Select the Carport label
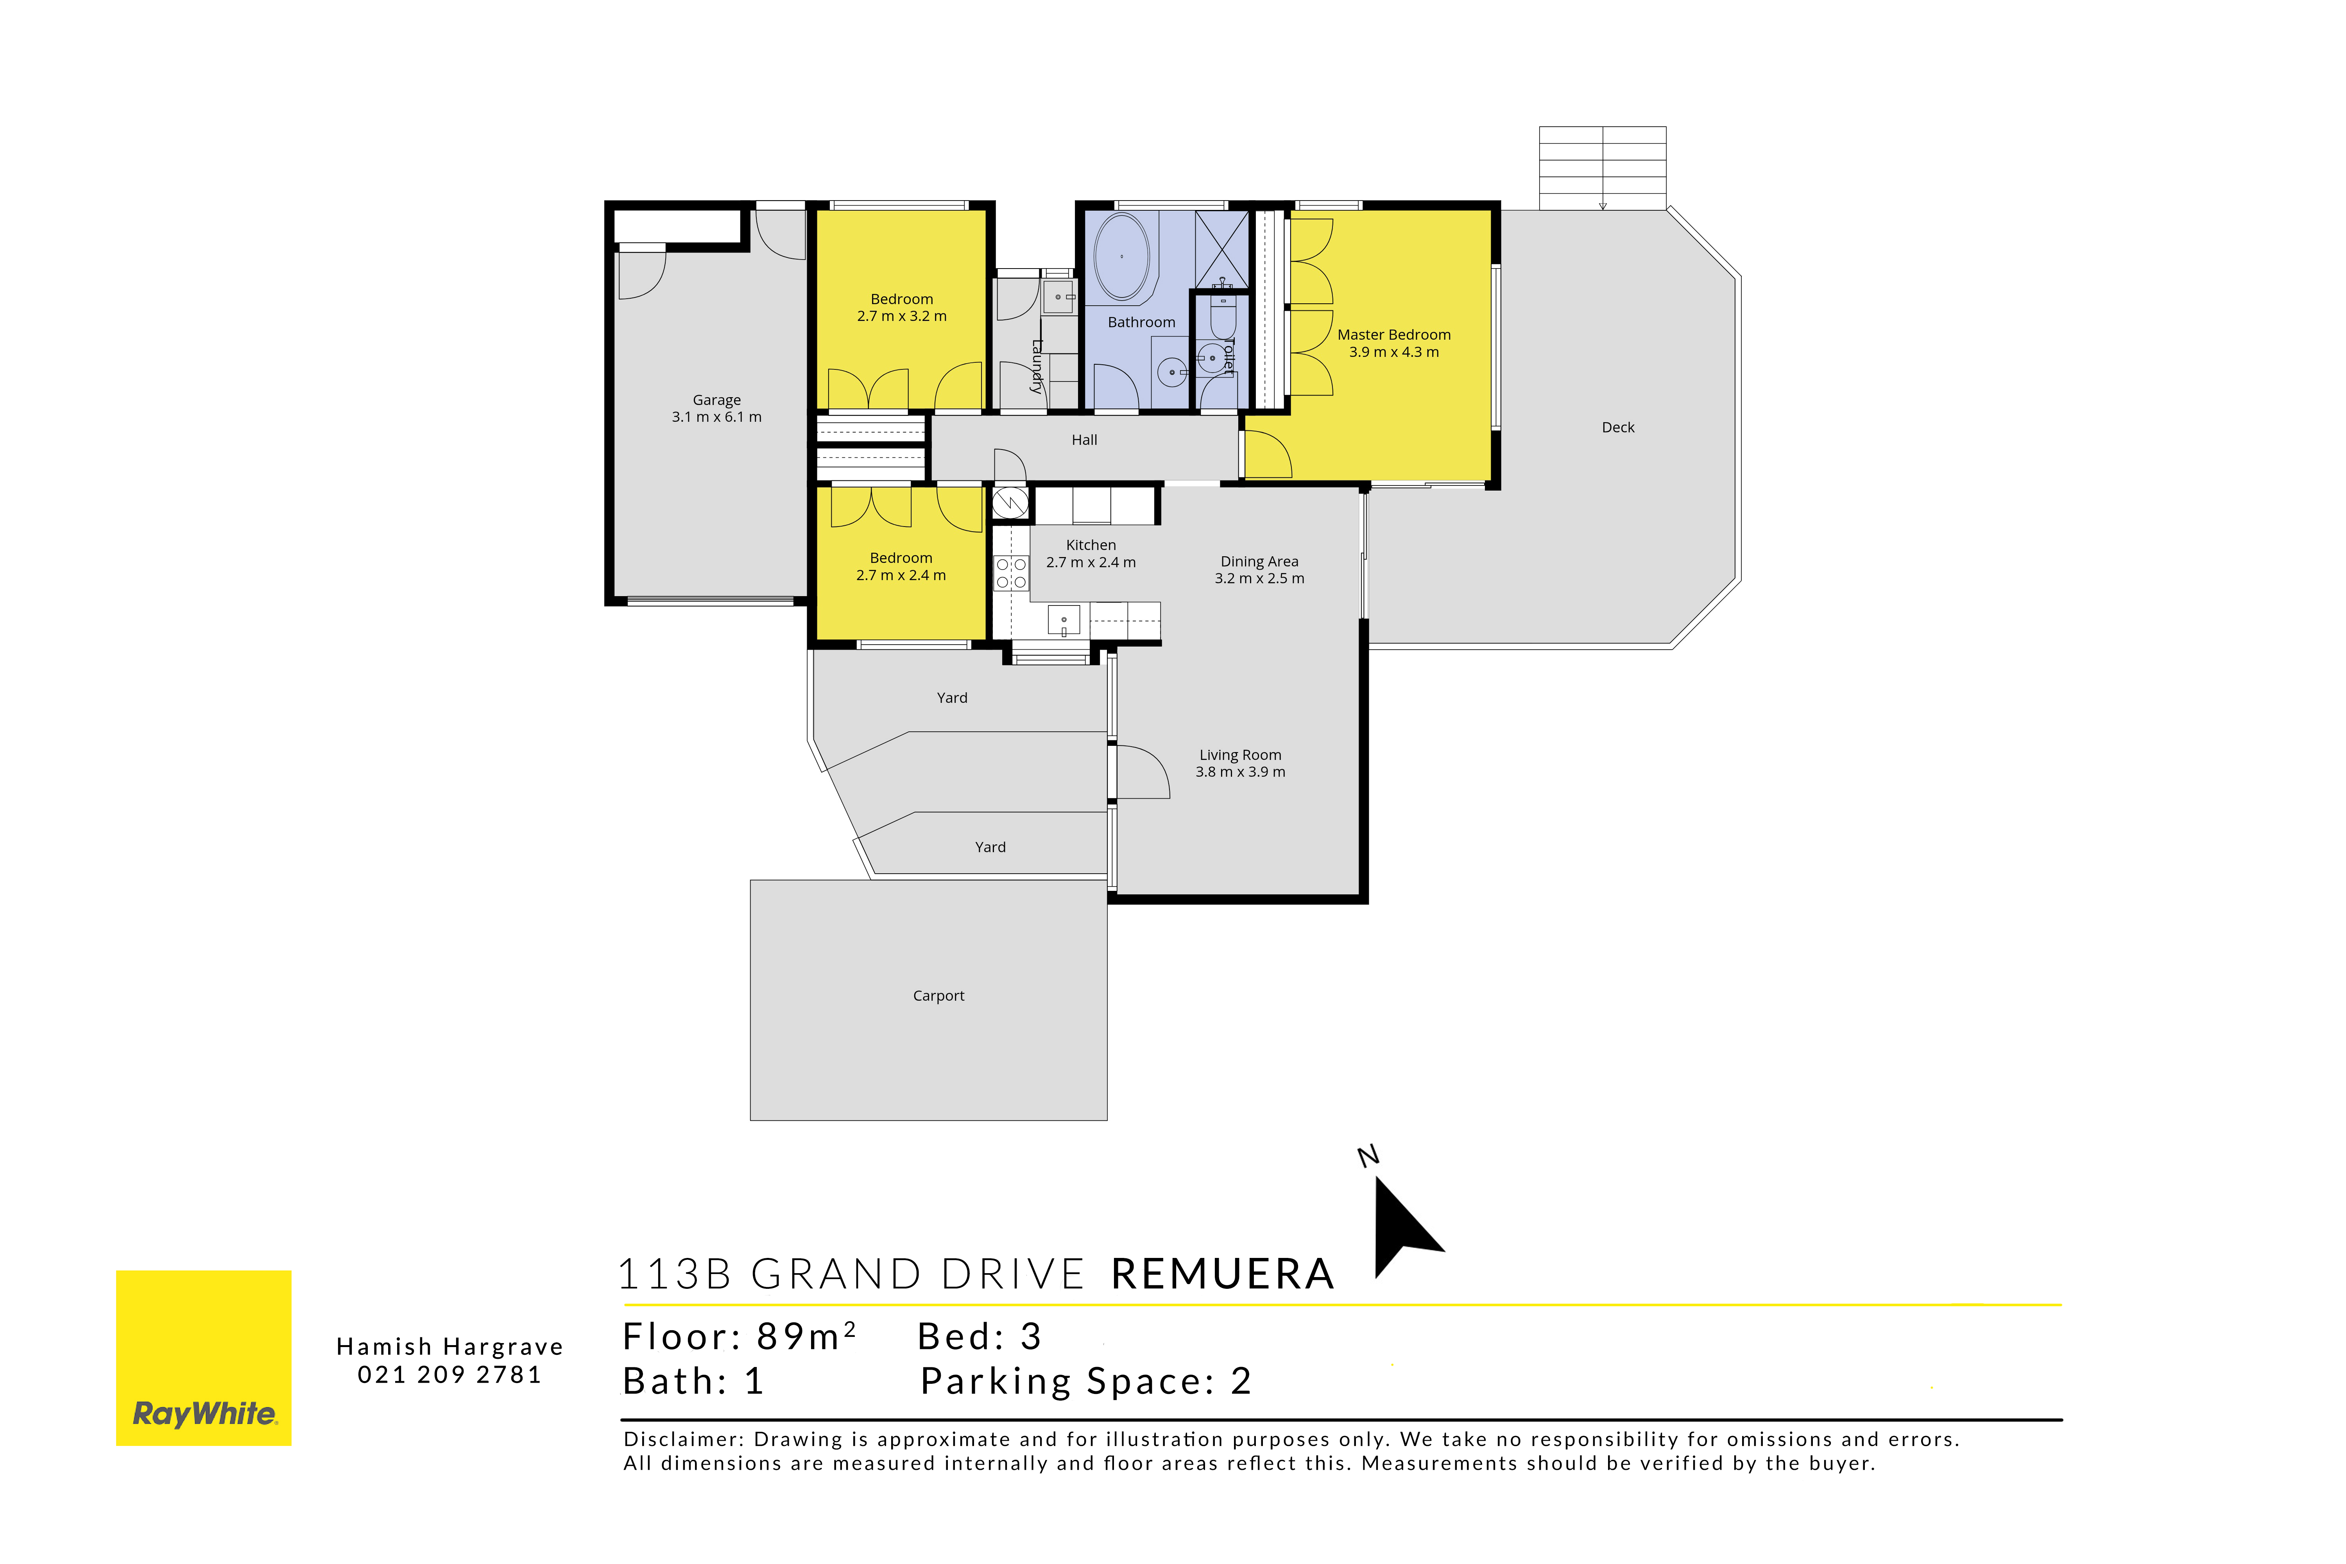coord(938,996)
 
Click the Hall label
coord(1084,440)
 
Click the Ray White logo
coord(204,1358)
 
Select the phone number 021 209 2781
coord(450,1374)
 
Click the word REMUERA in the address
coord(1223,1274)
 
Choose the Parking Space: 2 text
coord(1085,1381)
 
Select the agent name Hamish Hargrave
coord(450,1347)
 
